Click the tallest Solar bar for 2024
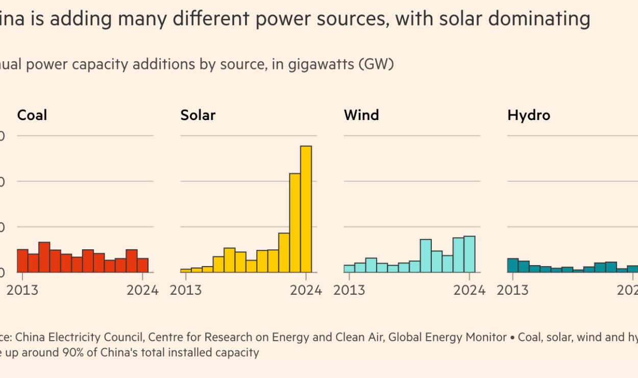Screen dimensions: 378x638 (306, 209)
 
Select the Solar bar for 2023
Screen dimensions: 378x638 (295, 223)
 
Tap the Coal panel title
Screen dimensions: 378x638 (32, 115)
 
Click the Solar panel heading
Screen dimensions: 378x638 (198, 115)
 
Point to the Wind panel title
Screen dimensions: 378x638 (361, 115)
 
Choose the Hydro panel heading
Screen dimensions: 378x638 (529, 115)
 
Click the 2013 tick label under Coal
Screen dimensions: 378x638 (22, 290)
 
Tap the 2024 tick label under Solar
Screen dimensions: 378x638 (306, 290)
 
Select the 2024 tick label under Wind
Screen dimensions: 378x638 (469, 290)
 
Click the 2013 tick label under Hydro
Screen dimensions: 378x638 (512, 290)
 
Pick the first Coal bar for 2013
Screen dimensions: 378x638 (22, 261)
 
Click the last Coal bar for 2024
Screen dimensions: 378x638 (143, 265)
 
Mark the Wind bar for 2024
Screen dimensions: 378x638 (470, 254)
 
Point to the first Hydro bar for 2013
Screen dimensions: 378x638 (512, 266)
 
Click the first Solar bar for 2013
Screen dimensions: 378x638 (186, 270)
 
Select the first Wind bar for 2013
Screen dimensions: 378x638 (349, 269)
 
